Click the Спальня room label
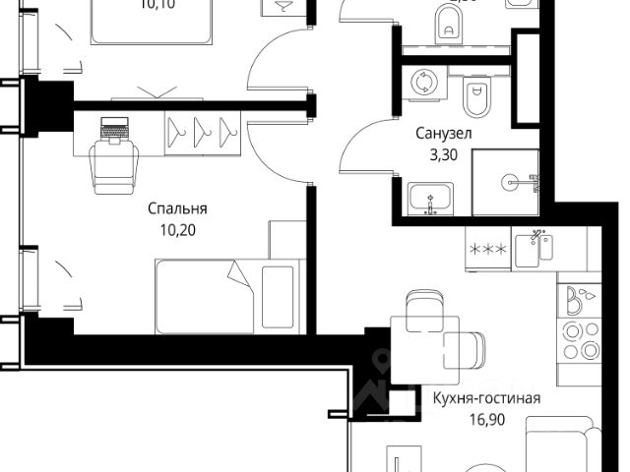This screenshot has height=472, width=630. coord(177,208)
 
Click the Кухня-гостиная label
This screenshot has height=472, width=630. coord(487,398)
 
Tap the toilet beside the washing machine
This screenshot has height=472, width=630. coord(475,96)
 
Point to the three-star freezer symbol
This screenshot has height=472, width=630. coord(488,250)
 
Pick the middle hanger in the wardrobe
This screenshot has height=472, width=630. coord(204,129)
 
